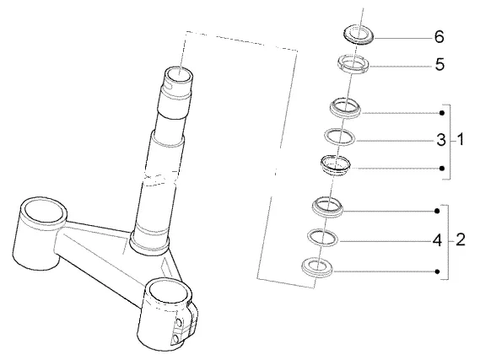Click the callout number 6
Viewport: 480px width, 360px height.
point(440,37)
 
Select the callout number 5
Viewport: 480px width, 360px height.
point(440,65)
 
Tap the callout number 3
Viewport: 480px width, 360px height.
point(441,140)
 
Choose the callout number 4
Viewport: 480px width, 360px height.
point(438,241)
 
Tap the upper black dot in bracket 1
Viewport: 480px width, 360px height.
point(442,113)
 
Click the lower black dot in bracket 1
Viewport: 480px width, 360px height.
point(442,169)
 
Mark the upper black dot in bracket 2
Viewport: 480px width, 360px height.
point(438,211)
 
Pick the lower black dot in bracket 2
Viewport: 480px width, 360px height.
point(438,271)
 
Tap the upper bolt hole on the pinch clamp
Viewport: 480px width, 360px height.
point(179,323)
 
